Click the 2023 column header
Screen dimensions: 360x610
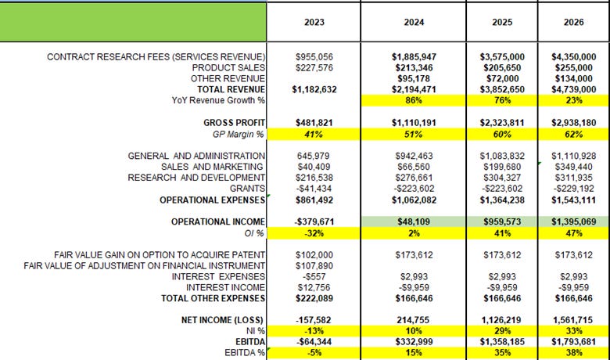[x=314, y=23]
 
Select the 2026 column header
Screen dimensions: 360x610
[x=573, y=23]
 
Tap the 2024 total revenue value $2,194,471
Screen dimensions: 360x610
[x=414, y=90]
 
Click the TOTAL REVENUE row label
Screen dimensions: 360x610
[x=235, y=90]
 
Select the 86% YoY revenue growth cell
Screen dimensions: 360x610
[x=414, y=101]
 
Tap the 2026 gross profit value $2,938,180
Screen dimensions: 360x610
[x=573, y=123]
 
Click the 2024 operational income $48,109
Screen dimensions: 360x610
[x=414, y=222]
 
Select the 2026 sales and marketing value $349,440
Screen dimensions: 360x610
[x=573, y=167]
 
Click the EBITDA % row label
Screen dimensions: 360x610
[x=244, y=354]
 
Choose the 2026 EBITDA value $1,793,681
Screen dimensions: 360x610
[x=573, y=343]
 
